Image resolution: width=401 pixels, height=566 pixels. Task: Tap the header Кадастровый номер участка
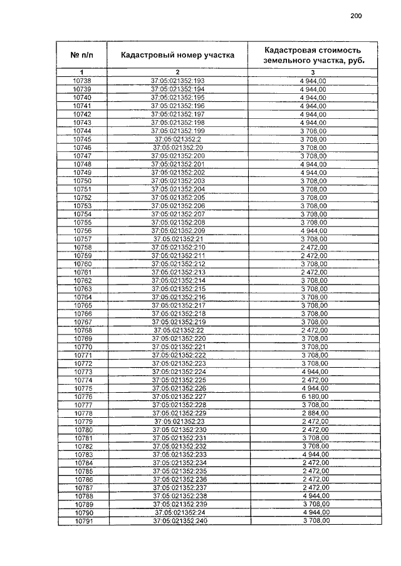coord(178,55)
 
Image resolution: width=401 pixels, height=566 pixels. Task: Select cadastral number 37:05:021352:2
coord(178,139)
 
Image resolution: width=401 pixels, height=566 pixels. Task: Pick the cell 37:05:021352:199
coord(178,131)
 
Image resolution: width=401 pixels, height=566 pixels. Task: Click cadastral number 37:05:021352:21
coord(178,239)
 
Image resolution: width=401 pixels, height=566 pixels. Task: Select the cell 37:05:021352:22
coord(179,330)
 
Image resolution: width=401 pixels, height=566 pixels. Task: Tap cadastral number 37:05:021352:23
coord(179,422)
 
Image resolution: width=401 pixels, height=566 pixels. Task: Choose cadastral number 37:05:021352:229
coord(179,413)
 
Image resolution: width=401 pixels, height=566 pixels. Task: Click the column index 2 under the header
coord(178,73)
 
